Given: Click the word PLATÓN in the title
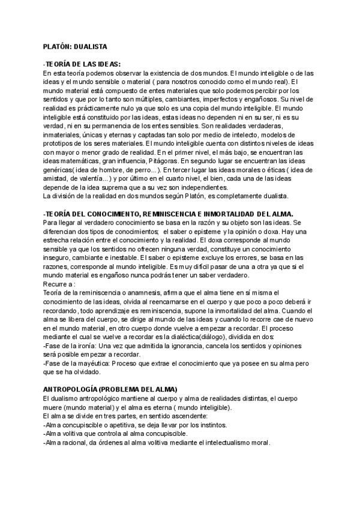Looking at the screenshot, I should tap(58, 46).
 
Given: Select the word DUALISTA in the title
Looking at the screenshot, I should tap(90, 46).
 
